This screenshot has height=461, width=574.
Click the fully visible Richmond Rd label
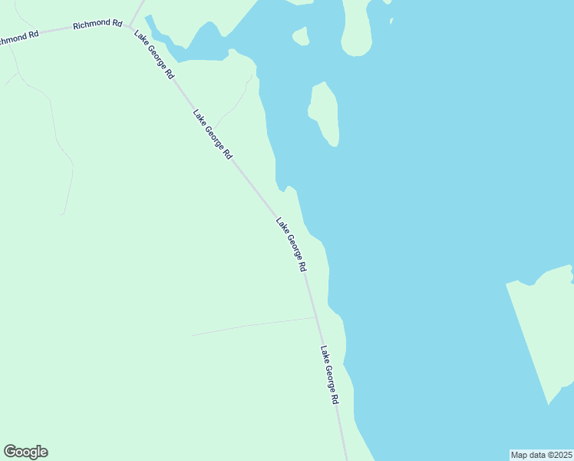point(97,25)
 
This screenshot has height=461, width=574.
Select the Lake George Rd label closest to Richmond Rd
point(154,55)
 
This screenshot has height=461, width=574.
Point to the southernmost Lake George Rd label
point(329,376)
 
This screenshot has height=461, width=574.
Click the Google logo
point(25,452)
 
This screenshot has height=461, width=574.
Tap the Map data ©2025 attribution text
point(541,454)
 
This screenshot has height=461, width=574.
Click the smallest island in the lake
point(301,36)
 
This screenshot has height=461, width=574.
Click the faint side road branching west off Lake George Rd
point(253,326)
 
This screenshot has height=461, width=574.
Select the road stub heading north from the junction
point(137,10)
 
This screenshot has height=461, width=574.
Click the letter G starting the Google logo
point(10,452)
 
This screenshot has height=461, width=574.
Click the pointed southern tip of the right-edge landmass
point(548,403)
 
